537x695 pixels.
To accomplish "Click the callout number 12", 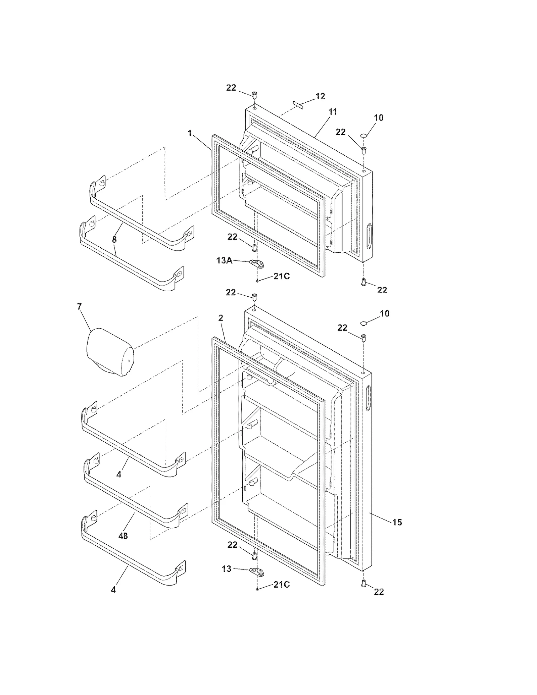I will tap(320, 96).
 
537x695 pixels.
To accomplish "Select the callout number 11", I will tap(332, 112).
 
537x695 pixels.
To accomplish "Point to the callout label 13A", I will tap(225, 260).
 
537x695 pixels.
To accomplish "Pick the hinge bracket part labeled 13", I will tap(257, 570).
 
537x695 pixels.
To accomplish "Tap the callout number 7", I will tap(80, 306).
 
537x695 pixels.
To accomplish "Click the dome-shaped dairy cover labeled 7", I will tap(110, 352).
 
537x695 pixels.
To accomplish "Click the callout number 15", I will tap(397, 522).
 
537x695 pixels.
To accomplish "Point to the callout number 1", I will tap(190, 134).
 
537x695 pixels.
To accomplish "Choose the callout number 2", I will tap(221, 318).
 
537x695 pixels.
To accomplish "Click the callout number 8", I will tap(114, 240).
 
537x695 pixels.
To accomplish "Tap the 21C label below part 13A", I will tap(281, 277).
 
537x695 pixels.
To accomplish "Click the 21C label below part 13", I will tap(281, 585).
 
